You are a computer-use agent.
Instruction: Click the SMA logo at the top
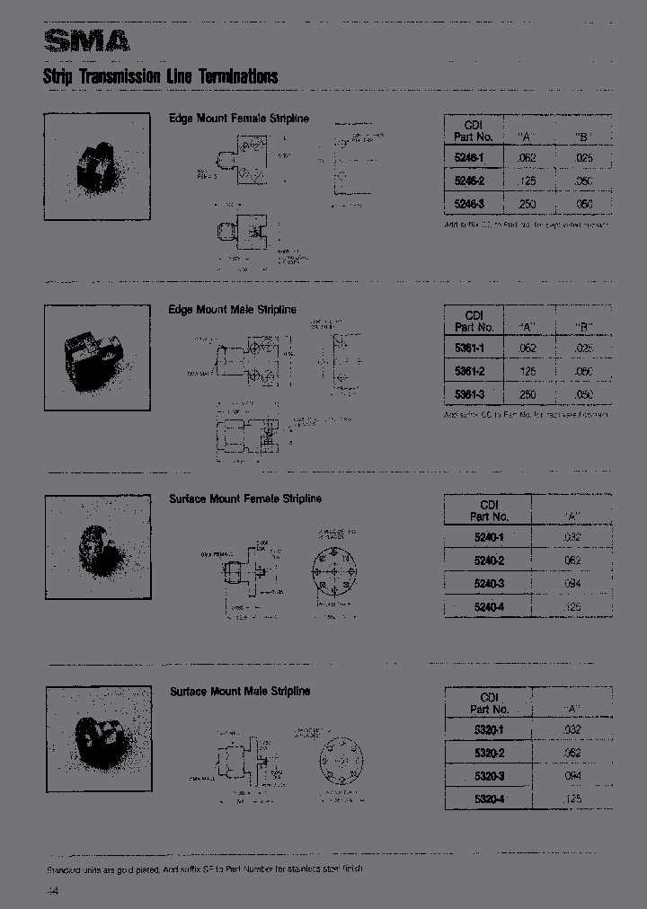click(87, 40)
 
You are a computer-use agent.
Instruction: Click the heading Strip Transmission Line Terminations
click(161, 76)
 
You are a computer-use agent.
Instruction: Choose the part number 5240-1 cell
click(488, 537)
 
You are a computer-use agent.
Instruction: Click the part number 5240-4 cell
click(488, 607)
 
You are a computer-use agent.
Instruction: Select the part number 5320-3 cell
click(488, 775)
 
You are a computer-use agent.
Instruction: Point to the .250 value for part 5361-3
click(527, 394)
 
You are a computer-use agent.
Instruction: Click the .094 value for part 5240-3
click(572, 584)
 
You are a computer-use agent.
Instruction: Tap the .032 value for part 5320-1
click(572, 729)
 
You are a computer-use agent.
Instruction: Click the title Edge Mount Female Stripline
click(239, 118)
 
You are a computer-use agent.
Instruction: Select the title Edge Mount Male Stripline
click(232, 310)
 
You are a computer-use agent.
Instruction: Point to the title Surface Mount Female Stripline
click(245, 499)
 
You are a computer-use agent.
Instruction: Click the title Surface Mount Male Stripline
click(240, 691)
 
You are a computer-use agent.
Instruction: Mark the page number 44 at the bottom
click(51, 890)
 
